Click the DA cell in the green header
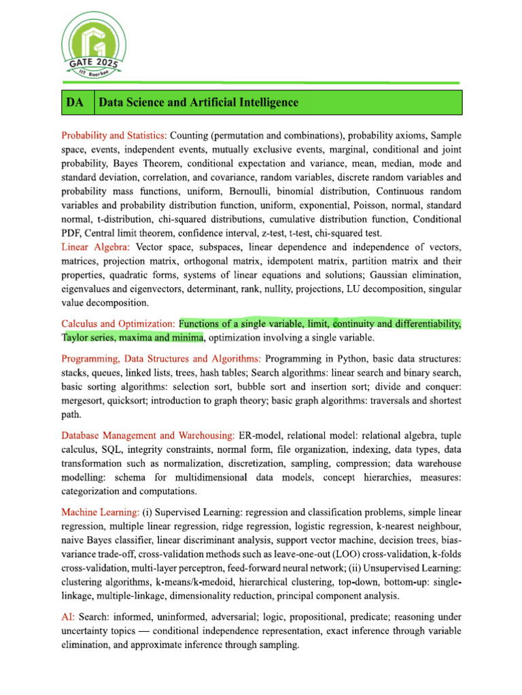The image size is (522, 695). pos(75,102)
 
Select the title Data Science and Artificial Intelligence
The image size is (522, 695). pos(198,102)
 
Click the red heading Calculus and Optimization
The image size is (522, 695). pos(119,324)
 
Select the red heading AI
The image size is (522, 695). pos(69,617)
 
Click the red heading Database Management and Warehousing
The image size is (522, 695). pos(148,434)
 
